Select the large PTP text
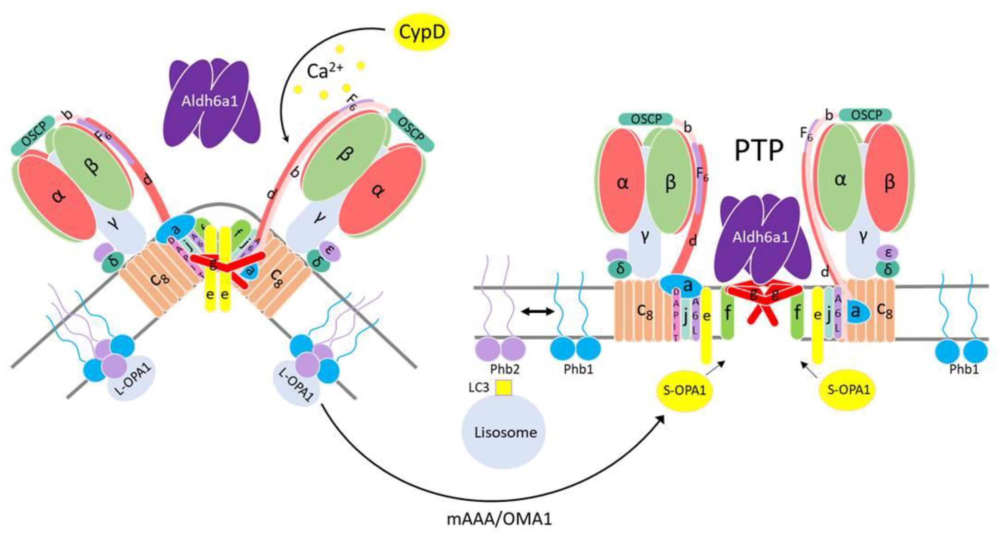coord(759,151)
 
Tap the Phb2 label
coord(504,369)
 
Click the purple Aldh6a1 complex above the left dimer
coord(209,102)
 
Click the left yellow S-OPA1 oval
coord(685,390)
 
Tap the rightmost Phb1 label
coord(964,369)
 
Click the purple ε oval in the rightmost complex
coord(889,253)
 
